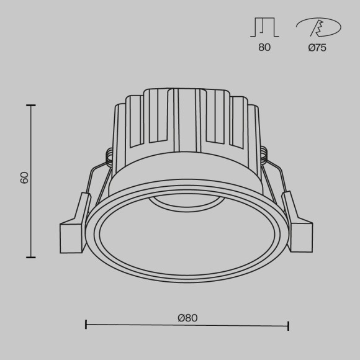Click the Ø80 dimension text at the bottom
(x=187, y=317)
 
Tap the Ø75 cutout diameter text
(x=317, y=48)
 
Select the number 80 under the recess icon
(x=264, y=48)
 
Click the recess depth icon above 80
(x=264, y=27)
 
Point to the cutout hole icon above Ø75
(x=318, y=27)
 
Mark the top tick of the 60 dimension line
(x=30, y=106)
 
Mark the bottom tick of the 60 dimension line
(x=30, y=256)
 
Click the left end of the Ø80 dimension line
(x=86, y=324)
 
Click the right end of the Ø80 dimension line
(x=288, y=324)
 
